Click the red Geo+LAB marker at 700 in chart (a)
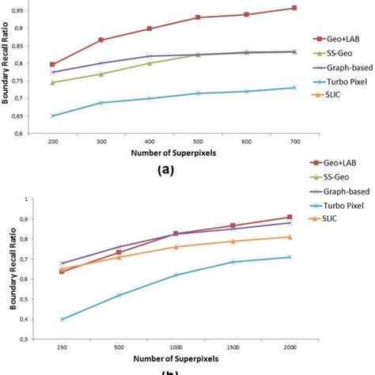point(294,8)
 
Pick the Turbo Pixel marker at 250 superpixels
point(62,320)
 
